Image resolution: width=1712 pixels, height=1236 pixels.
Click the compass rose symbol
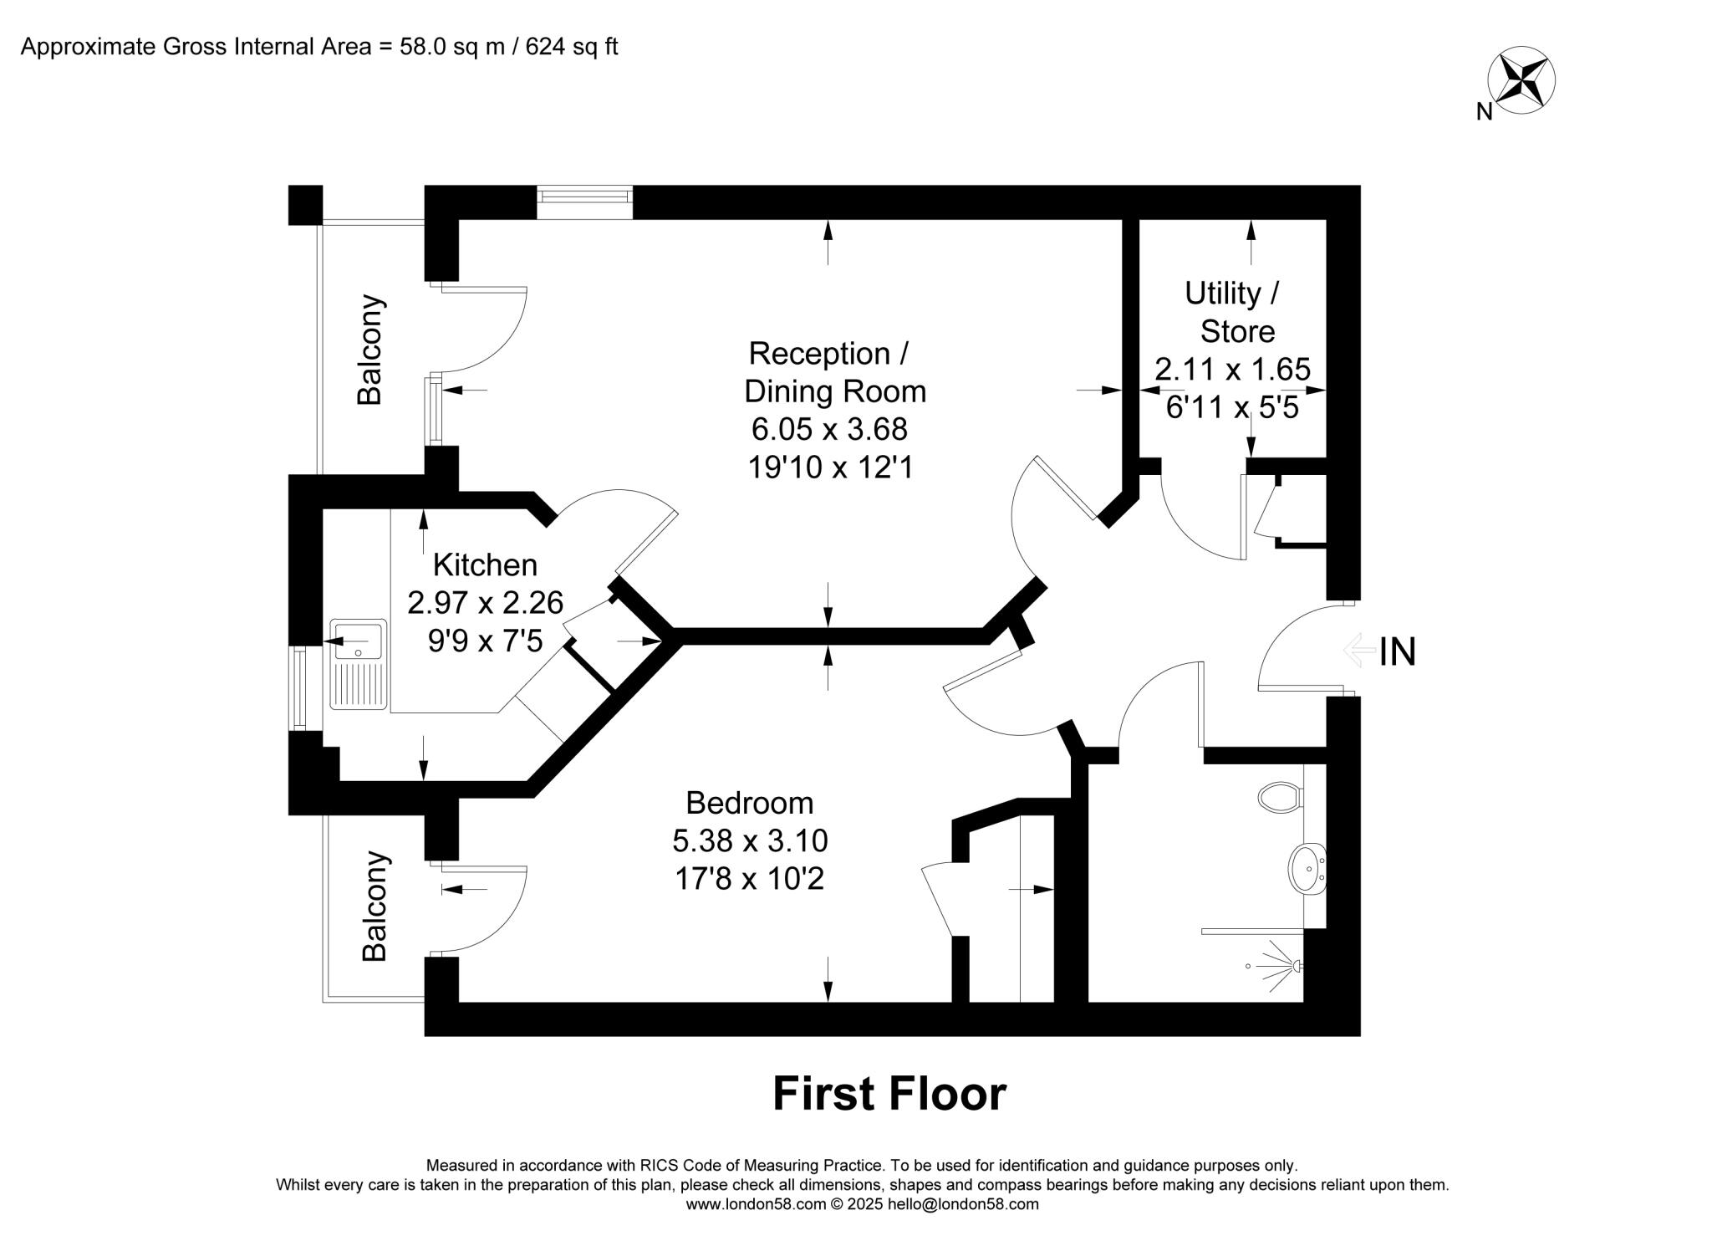pyautogui.click(x=1521, y=80)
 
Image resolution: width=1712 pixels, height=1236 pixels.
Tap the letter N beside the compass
pyautogui.click(x=1484, y=111)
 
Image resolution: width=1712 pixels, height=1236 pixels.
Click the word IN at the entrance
pyautogui.click(x=1398, y=652)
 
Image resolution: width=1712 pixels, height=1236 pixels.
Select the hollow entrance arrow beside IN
pyautogui.click(x=1359, y=650)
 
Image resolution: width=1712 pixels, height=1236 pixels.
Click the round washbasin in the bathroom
pyautogui.click(x=1307, y=869)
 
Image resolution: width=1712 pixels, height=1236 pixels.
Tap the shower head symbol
pyautogui.click(x=1295, y=967)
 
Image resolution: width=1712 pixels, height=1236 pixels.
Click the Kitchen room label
pyautogui.click(x=485, y=565)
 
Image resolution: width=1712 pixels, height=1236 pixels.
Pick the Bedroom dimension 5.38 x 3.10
pyautogui.click(x=750, y=840)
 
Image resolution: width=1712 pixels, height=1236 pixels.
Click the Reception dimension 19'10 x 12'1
pyautogui.click(x=829, y=467)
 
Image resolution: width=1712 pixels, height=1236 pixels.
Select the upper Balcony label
pyautogui.click(x=369, y=350)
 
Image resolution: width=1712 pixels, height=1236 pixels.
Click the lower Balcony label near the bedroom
pyautogui.click(x=374, y=906)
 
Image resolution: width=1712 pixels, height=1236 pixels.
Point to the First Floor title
pyautogui.click(x=889, y=1094)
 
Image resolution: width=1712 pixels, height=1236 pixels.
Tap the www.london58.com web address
pyautogui.click(x=756, y=1204)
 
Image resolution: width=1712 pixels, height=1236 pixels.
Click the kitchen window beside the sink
pyautogui.click(x=300, y=686)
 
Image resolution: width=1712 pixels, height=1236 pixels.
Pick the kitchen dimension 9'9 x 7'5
pyautogui.click(x=485, y=641)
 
